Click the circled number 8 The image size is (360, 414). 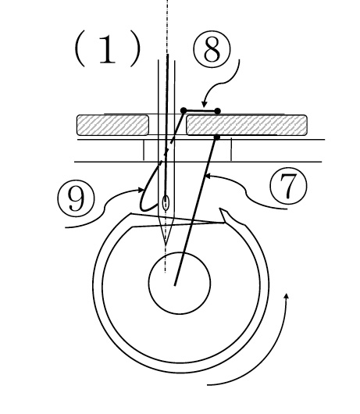(x=212, y=50)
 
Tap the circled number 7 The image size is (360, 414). (x=288, y=186)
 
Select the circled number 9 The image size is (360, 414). (x=76, y=198)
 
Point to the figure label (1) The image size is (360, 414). (x=107, y=51)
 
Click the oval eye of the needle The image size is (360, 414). (x=166, y=203)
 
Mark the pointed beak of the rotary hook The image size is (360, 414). (x=220, y=209)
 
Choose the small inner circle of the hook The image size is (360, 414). (x=180, y=284)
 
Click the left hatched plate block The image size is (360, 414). (x=112, y=125)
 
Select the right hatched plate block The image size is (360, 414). (x=247, y=125)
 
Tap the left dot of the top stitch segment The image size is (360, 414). (x=184, y=110)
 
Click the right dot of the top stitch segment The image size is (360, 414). (x=217, y=111)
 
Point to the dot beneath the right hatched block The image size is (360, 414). (x=216, y=137)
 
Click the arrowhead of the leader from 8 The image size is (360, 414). (x=204, y=105)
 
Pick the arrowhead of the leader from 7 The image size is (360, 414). (x=208, y=176)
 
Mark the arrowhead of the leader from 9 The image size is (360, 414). (x=141, y=190)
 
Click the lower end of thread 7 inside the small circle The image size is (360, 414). (x=175, y=285)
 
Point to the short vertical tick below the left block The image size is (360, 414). (x=144, y=150)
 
